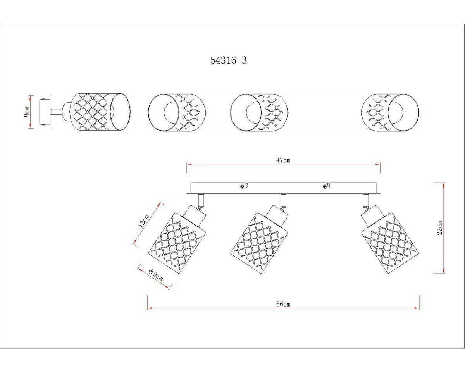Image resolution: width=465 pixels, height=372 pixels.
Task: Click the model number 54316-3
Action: (x=228, y=60)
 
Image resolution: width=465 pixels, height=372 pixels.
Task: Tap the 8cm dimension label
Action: (x=26, y=112)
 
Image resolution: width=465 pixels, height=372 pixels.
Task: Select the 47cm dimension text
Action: (x=283, y=160)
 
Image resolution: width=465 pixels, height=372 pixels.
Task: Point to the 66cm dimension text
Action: (x=283, y=304)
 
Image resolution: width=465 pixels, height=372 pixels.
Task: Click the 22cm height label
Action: (x=440, y=228)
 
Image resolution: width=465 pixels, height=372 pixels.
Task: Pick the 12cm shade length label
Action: (x=143, y=221)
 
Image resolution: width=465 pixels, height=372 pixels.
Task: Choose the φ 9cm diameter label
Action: (x=156, y=275)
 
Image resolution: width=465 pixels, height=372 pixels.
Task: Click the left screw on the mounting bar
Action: (x=243, y=186)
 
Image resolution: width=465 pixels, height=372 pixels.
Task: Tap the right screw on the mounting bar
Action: (x=325, y=186)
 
